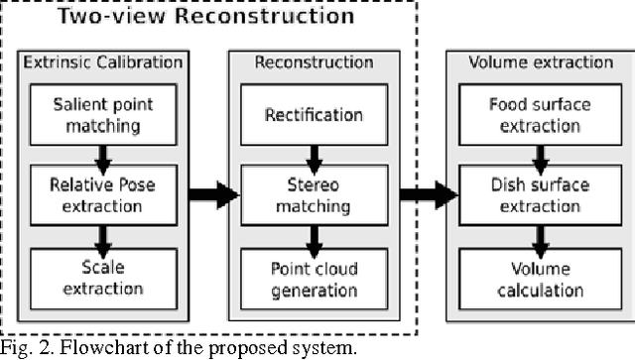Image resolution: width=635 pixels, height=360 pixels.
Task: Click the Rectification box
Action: (313, 115)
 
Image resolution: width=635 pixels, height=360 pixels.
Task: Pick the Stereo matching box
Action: (313, 194)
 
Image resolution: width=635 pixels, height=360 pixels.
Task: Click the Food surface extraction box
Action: (534, 114)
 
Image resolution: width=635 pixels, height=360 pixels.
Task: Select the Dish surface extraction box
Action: (534, 194)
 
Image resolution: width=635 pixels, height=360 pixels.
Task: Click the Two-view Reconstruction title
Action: (203, 17)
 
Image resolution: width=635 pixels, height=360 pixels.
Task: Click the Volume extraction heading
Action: (534, 62)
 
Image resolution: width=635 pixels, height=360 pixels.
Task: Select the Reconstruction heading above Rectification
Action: (313, 62)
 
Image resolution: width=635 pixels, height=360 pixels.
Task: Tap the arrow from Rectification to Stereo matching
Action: (313, 155)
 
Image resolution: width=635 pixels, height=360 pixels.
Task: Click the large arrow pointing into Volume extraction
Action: (429, 193)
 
